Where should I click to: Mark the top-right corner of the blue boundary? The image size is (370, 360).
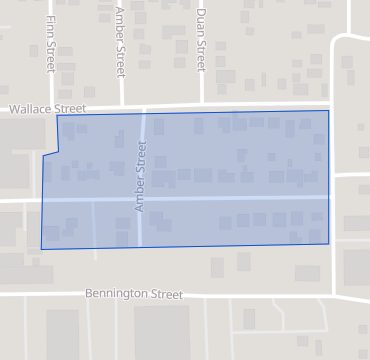point(328,111)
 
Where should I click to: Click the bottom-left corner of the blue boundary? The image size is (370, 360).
point(41,248)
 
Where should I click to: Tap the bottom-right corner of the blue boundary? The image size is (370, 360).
point(329,243)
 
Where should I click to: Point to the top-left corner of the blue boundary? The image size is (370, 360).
point(57,116)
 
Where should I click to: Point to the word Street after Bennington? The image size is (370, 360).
point(167,295)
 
